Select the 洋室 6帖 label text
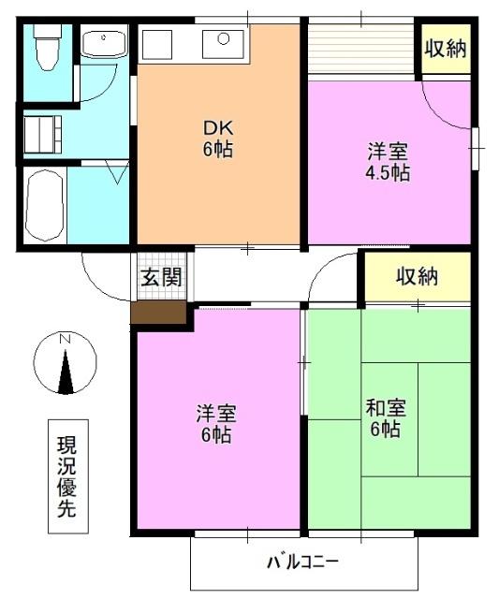point(216,424)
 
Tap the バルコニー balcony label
point(302,563)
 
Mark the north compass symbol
point(65,363)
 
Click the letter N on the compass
point(65,339)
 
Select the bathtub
point(43,205)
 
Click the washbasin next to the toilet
point(103,44)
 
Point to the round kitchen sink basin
point(225,39)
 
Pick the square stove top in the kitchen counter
point(157,44)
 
